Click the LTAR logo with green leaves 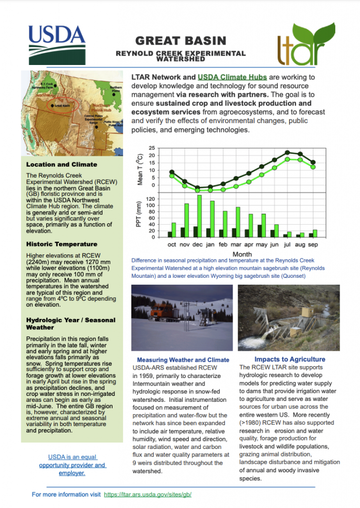[303, 45]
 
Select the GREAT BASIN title [180, 41]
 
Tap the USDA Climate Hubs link [232, 77]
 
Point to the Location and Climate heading [61, 164]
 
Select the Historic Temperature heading [61, 244]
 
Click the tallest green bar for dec [199, 216]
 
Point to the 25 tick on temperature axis [152, 148]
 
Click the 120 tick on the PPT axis [150, 199]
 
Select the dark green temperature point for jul [288, 152]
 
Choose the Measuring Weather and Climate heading [183, 360]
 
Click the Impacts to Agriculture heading [290, 359]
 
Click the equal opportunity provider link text [72, 465]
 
